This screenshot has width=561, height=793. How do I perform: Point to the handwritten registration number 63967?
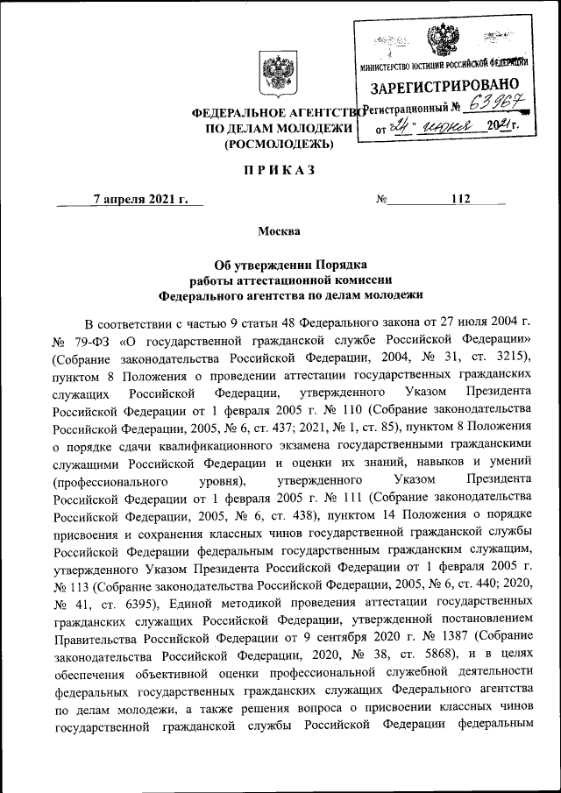click(500, 107)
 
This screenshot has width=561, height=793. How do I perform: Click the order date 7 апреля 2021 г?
click(141, 199)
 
